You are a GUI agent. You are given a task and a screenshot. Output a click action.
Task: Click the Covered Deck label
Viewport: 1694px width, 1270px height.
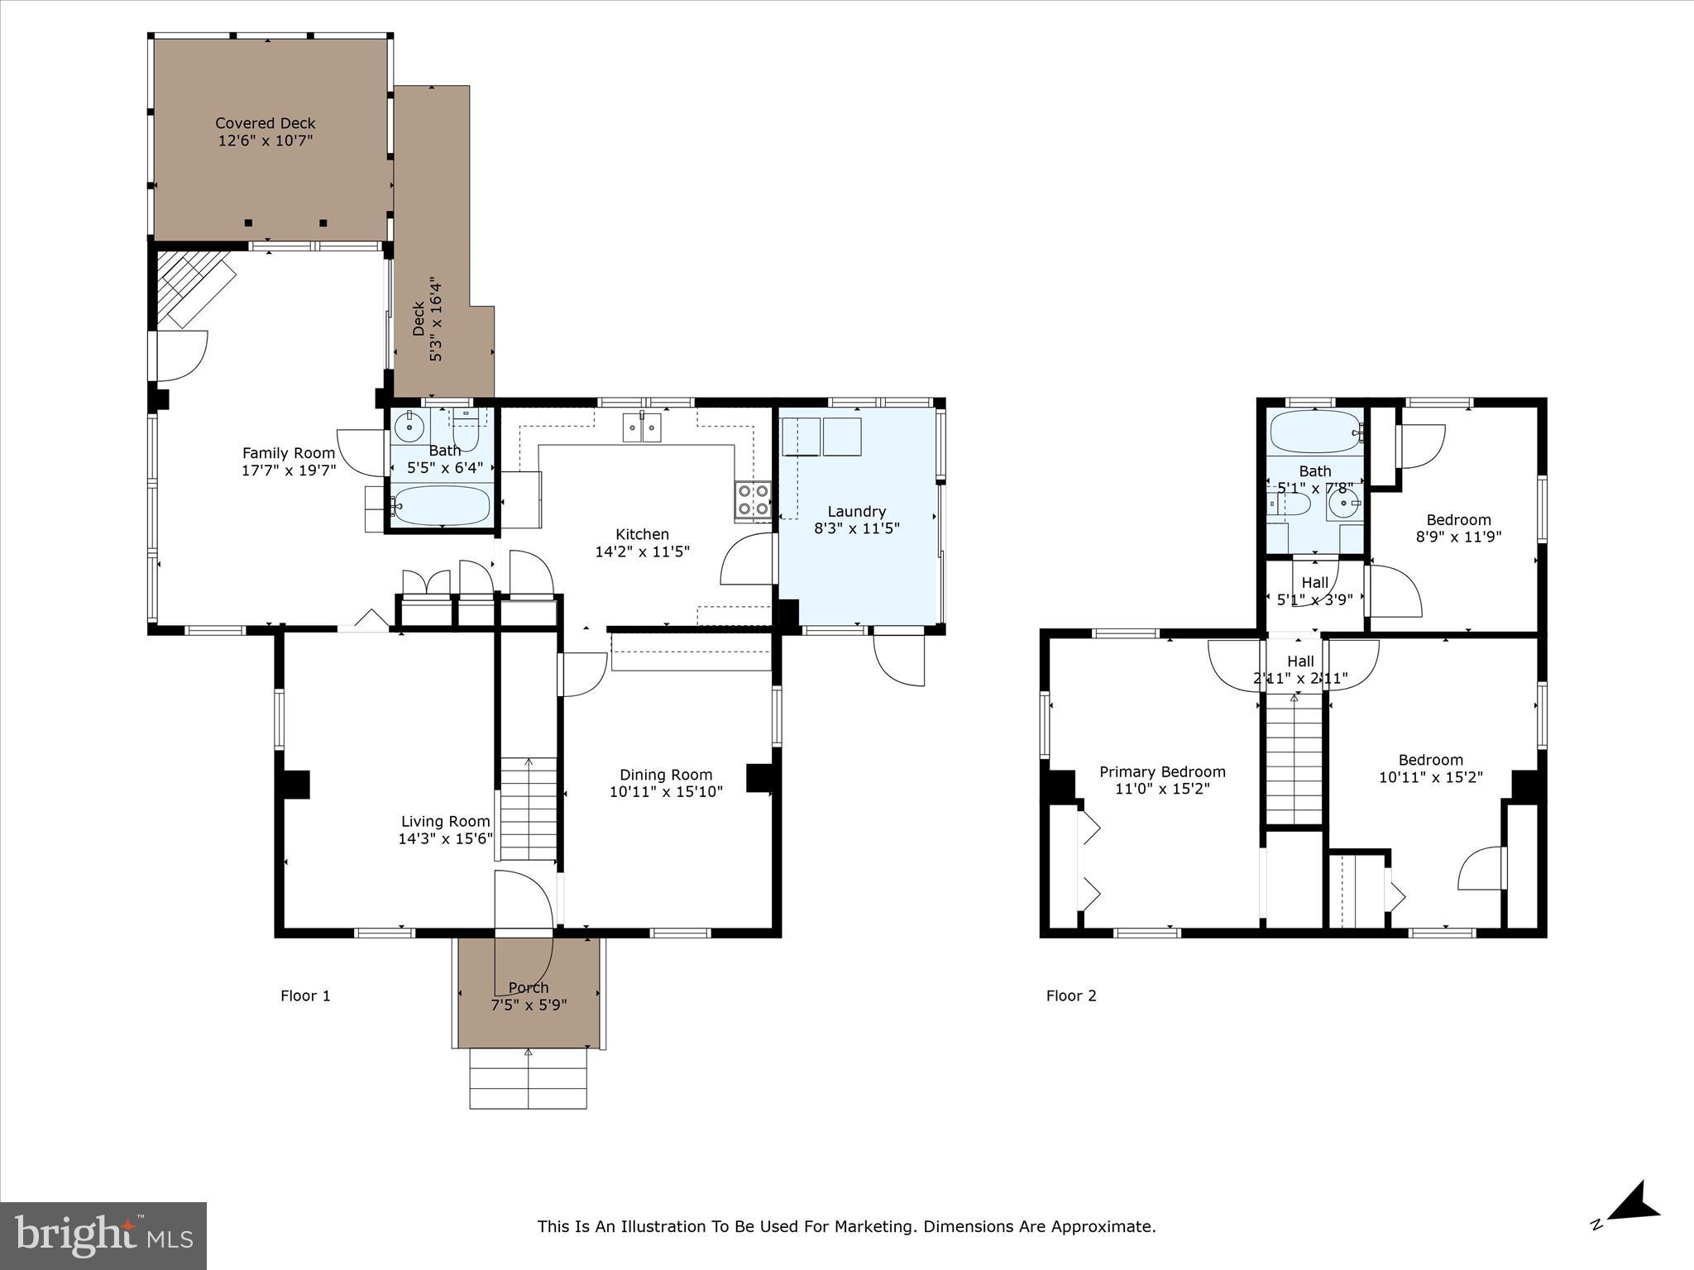pos(266,123)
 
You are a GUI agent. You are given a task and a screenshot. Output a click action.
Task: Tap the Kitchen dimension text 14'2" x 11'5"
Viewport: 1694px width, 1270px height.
pos(642,551)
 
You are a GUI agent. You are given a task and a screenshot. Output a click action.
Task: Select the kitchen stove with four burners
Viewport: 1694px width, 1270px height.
pos(753,500)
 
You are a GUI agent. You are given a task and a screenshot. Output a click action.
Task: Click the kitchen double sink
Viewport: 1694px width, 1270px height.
pos(644,427)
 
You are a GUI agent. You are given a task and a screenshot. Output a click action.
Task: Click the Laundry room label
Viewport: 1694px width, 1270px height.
pos(856,511)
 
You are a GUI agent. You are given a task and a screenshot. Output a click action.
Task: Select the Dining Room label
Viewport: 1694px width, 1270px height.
pos(666,775)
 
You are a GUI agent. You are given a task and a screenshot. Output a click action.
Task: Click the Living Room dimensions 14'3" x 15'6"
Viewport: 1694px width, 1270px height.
pos(445,838)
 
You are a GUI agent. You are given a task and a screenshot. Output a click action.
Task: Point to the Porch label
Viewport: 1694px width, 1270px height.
pos(528,987)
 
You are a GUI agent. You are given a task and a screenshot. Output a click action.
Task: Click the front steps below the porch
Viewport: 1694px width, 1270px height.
pos(528,1078)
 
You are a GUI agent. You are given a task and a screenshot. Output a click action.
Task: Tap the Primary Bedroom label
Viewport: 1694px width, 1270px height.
pos(1162,771)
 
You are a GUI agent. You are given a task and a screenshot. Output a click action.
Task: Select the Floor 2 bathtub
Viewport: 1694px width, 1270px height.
pos(1314,431)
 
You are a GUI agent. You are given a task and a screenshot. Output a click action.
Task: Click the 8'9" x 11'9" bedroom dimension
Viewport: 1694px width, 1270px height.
pos(1458,536)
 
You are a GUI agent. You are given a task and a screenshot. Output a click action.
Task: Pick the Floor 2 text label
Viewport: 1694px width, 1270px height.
pos(1071,995)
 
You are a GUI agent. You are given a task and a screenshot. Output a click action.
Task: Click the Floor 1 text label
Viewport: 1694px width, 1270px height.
pos(305,995)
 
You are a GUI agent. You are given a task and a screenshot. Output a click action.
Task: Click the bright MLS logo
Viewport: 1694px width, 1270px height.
pos(103,1235)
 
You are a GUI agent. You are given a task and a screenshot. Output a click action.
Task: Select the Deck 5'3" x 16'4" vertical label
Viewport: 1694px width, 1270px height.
pos(427,319)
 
